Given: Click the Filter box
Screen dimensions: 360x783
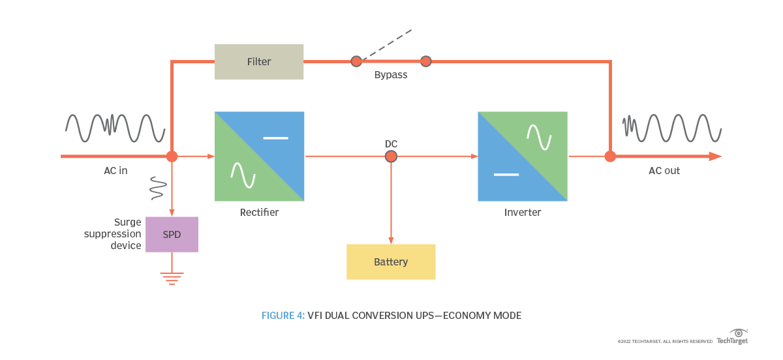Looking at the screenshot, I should coord(259,62).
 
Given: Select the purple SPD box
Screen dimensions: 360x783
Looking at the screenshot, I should coord(172,235).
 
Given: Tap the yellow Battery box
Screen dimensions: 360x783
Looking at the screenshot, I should coord(391,262).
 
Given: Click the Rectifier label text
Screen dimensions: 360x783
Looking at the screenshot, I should coord(259,213).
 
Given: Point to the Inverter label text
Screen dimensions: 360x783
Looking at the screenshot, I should coord(523,213).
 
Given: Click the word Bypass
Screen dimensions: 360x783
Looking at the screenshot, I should coord(391,75).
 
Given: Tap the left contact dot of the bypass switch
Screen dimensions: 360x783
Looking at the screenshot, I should coord(356,61).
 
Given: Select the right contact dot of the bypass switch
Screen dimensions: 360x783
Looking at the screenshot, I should coord(426,61).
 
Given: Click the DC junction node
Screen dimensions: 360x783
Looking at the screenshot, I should coord(391,157).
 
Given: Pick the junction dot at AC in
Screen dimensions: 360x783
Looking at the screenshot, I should coord(172,157).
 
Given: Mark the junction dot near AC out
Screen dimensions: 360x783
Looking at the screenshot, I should coord(610,157).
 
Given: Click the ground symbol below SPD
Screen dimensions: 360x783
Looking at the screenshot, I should coord(172,278).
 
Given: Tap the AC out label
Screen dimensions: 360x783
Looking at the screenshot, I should coord(664,171).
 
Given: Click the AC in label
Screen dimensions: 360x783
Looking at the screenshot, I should coord(115,171).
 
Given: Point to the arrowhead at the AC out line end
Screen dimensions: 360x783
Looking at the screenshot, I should coord(715,157).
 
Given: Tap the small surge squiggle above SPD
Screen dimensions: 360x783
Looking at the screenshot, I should coord(157,187).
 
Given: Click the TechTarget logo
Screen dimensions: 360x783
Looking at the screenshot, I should coord(733,337).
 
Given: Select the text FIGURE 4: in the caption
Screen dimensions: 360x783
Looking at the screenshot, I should coord(283,316).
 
